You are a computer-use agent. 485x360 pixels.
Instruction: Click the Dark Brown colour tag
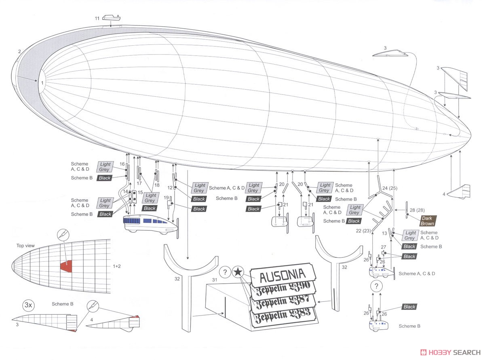427,221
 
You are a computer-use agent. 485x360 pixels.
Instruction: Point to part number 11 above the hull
97,19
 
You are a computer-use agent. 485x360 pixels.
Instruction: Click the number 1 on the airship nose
42,82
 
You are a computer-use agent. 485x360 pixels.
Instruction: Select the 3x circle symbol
27,305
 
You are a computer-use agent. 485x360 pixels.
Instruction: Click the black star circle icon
238,273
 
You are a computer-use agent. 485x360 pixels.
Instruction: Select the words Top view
25,245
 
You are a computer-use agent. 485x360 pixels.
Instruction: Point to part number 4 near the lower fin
443,194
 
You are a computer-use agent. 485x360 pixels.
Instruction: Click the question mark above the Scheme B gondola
376,286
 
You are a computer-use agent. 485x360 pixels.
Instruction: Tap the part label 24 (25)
390,188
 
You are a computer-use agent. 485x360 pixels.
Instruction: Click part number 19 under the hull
166,198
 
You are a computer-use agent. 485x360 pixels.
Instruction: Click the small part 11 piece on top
111,18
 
